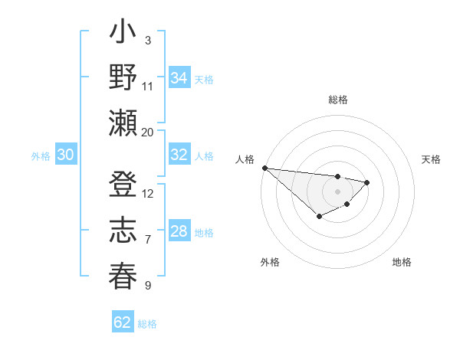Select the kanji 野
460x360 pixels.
[123, 78]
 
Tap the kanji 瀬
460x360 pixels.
[123, 123]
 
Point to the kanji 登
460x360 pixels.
[123, 185]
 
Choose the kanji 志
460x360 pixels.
[123, 229]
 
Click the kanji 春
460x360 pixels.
[123, 273]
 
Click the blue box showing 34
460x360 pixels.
[179, 78]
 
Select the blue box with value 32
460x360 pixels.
[179, 155]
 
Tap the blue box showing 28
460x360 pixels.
[179, 232]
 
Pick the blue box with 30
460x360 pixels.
[66, 155]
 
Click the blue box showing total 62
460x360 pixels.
[123, 322]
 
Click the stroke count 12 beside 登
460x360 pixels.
[148, 194]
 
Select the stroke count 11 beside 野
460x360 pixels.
[148, 86]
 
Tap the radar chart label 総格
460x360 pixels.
[338, 100]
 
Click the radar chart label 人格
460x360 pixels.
[245, 159]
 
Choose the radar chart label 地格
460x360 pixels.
[402, 262]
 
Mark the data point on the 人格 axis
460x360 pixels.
[264, 168]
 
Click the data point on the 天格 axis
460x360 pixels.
[367, 182]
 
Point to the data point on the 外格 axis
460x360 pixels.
[319, 218]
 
